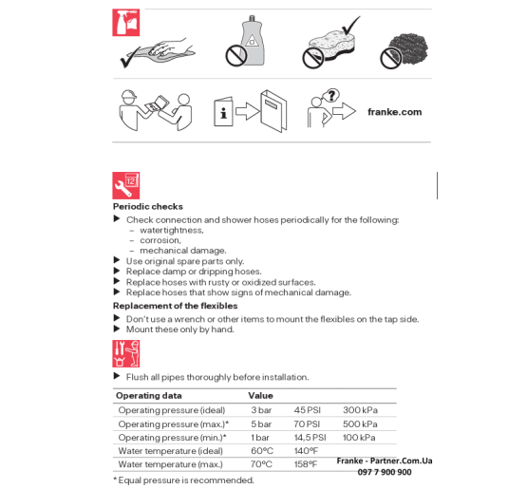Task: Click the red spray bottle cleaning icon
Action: click(x=126, y=23)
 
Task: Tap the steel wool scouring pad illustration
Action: click(x=408, y=48)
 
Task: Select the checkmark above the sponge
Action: click(x=351, y=25)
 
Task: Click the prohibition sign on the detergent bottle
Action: click(x=236, y=56)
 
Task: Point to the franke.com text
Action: click(x=395, y=112)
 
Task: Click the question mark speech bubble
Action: click(x=331, y=96)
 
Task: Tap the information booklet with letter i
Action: click(x=223, y=112)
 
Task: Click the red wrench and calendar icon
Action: click(x=126, y=185)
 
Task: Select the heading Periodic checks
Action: click(x=148, y=206)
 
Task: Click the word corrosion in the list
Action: click(x=160, y=240)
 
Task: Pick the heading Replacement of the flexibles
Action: click(x=175, y=306)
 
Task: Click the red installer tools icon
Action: click(x=126, y=353)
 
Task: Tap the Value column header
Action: click(x=260, y=396)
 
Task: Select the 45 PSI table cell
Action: click(x=308, y=410)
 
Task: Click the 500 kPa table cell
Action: click(x=360, y=423)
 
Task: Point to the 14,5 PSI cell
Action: click(x=310, y=437)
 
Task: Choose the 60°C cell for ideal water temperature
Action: click(x=262, y=451)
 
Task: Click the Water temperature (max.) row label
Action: click(x=170, y=464)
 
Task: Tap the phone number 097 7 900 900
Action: click(x=385, y=472)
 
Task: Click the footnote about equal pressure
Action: click(x=183, y=480)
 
